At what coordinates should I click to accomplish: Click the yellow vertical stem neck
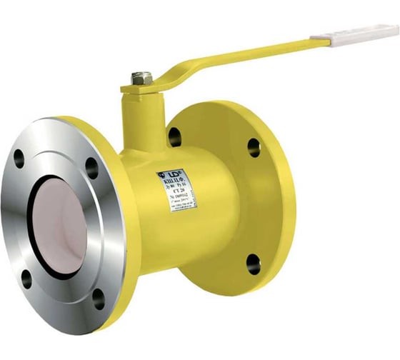(144, 118)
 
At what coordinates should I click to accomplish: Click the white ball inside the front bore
(64, 221)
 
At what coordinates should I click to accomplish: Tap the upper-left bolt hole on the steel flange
(19, 159)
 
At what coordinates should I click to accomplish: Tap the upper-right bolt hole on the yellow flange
(254, 147)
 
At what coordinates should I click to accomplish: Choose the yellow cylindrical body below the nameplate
(186, 243)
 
